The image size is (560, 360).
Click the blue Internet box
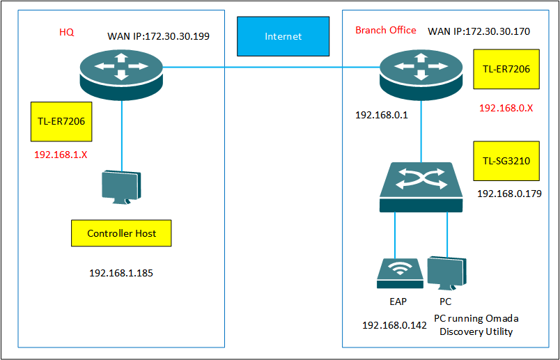click(x=283, y=36)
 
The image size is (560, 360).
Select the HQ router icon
click(x=121, y=72)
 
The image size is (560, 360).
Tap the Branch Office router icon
click(x=421, y=73)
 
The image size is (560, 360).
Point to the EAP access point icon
click(x=400, y=273)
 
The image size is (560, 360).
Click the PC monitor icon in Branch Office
click(x=446, y=273)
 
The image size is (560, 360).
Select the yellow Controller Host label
click(x=121, y=233)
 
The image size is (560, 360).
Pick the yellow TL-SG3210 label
click(x=506, y=161)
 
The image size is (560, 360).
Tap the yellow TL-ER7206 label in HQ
click(x=61, y=121)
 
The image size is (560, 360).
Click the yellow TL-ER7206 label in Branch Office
click(x=506, y=69)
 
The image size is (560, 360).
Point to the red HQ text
click(x=66, y=32)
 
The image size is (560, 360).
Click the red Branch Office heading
click(x=386, y=30)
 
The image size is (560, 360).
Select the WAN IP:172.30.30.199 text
click(x=159, y=35)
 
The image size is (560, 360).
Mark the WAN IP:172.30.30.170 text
click(x=479, y=31)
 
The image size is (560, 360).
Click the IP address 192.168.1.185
click(x=121, y=273)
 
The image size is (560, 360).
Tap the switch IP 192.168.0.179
click(x=509, y=194)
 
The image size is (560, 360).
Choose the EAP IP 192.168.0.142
click(x=394, y=325)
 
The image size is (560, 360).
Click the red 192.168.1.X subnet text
click(x=61, y=154)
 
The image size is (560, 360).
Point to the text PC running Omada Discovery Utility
click(x=476, y=324)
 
